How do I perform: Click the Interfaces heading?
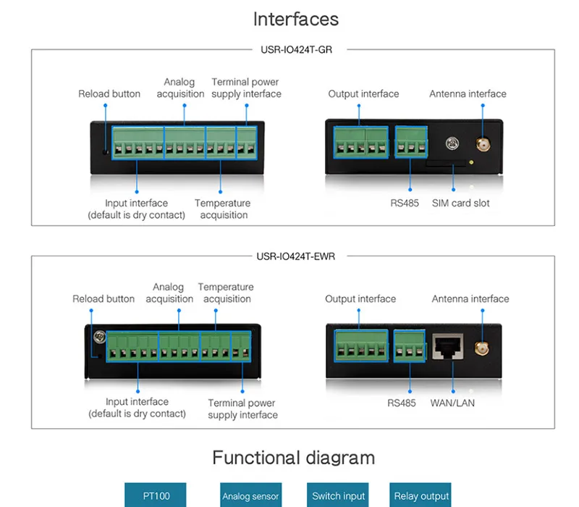tap(296, 19)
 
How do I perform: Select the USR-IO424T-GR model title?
tap(296, 49)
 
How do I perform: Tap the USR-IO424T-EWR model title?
tap(296, 256)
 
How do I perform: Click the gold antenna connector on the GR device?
tap(483, 144)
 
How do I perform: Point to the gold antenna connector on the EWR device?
tap(481, 348)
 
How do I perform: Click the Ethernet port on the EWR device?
tap(448, 347)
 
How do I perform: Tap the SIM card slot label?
tap(461, 203)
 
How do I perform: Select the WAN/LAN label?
tap(452, 403)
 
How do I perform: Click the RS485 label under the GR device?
tap(405, 203)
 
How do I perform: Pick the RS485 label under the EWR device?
tap(402, 403)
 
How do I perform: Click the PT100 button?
tap(156, 495)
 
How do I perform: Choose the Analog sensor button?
tap(250, 495)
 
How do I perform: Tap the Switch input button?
tap(338, 495)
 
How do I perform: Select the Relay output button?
tap(420, 495)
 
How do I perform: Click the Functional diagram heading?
tap(294, 458)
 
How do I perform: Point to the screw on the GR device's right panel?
tap(452, 143)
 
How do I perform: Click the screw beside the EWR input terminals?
tap(100, 337)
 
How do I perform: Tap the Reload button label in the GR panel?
tap(109, 94)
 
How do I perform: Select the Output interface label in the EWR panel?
tap(360, 298)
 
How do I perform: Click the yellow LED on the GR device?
tap(471, 162)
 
